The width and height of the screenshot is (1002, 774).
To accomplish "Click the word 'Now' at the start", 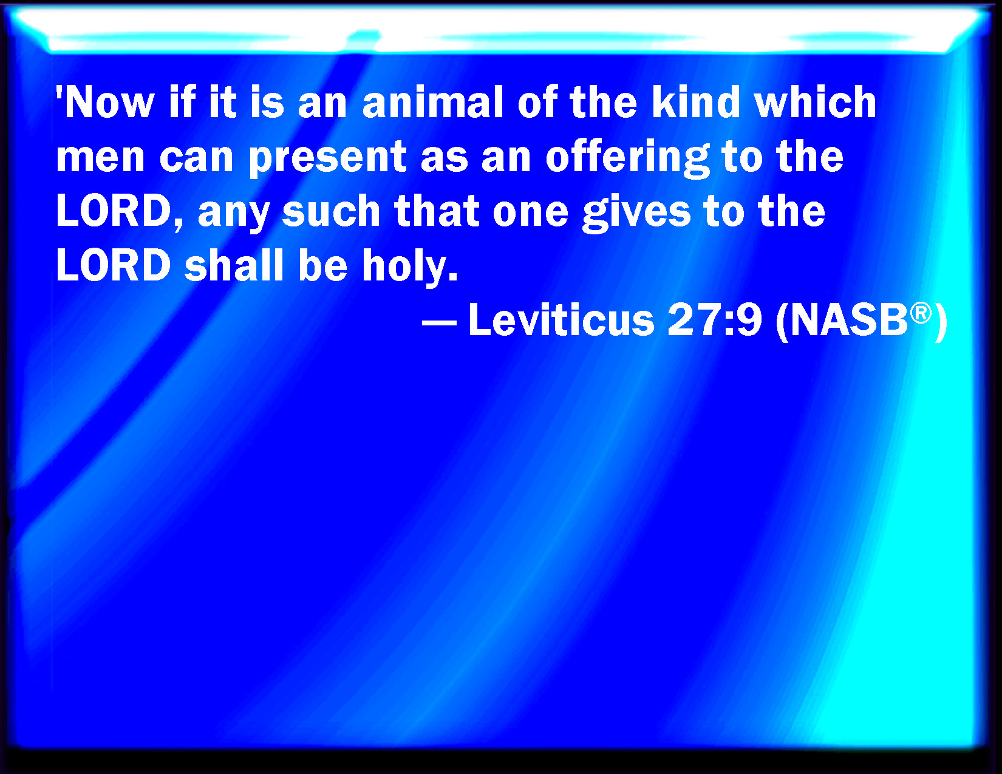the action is (109, 103).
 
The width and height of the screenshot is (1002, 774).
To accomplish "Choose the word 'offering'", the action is (627, 158).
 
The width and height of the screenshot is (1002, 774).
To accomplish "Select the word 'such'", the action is (330, 211).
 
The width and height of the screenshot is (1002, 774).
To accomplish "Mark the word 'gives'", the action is (636, 214).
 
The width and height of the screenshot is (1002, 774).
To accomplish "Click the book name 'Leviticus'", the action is (561, 320).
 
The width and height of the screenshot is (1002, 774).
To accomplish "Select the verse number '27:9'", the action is (715, 321).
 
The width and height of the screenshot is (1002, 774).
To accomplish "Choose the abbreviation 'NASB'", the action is (848, 321).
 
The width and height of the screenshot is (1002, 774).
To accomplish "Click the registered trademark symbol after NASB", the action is (921, 313).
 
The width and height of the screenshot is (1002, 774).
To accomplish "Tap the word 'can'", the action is (196, 158).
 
